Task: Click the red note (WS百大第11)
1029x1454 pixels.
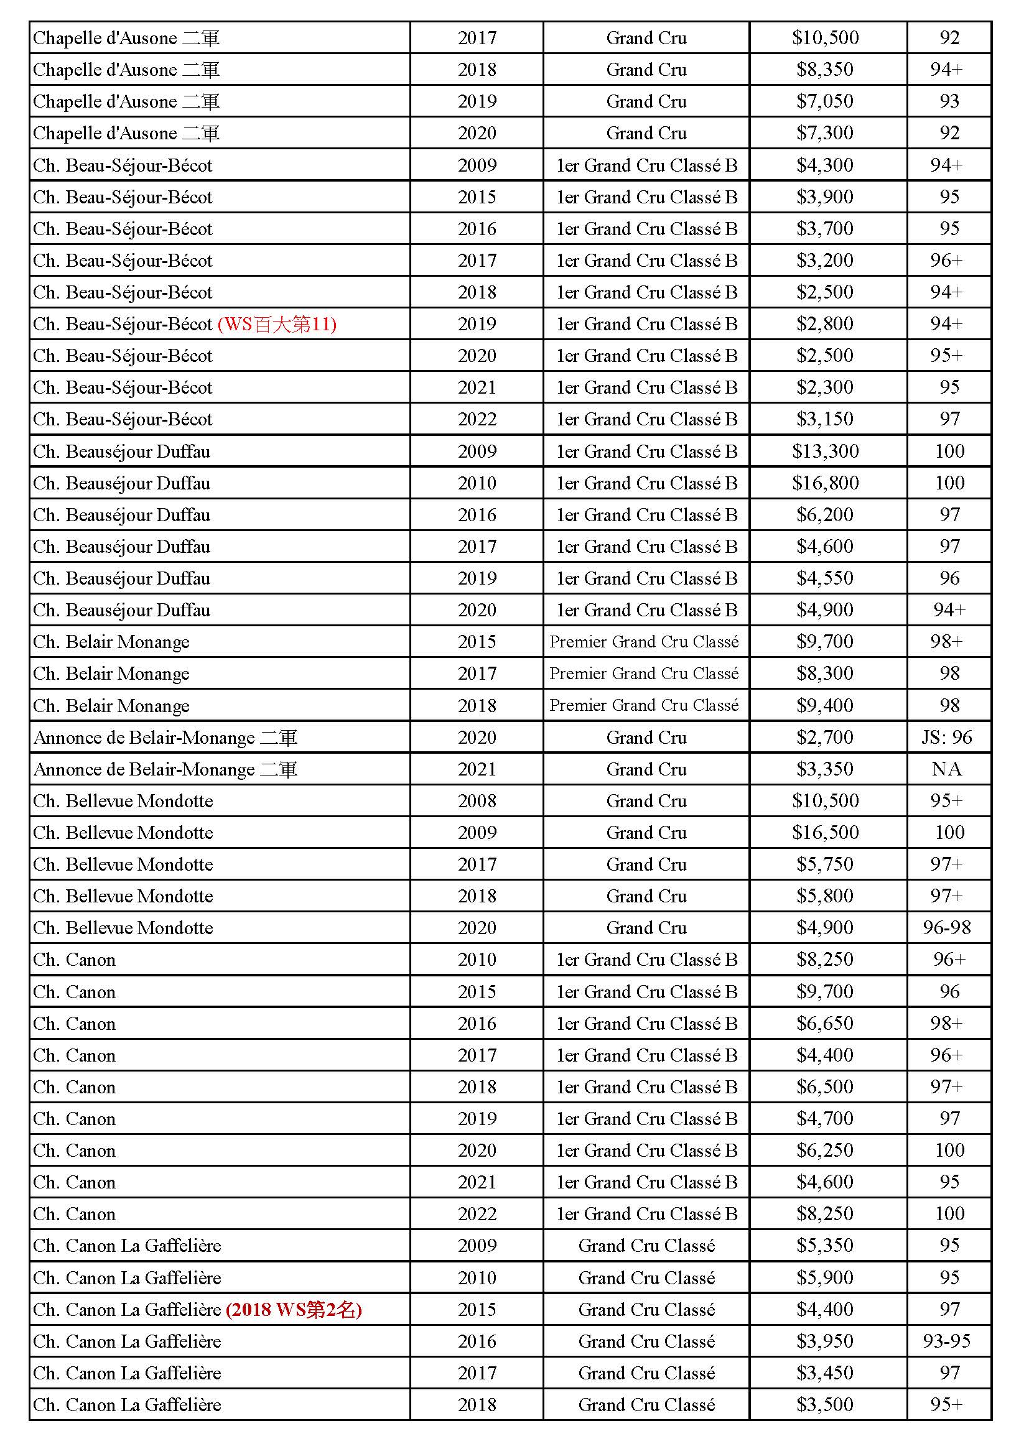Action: (x=277, y=324)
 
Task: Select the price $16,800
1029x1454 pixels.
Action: (x=825, y=483)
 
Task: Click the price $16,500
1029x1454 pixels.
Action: (x=825, y=832)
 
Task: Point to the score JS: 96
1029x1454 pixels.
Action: (x=947, y=737)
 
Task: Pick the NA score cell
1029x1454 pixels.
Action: (x=947, y=769)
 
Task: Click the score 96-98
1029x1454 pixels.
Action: (x=947, y=928)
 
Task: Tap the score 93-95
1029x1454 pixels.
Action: (x=947, y=1341)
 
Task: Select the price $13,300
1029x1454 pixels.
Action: (x=825, y=451)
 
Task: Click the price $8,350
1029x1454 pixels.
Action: (x=825, y=70)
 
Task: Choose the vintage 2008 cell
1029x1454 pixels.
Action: (x=477, y=800)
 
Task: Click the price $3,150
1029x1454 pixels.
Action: (x=825, y=419)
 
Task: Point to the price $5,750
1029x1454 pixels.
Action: (x=825, y=864)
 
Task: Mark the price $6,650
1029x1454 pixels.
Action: (x=825, y=1024)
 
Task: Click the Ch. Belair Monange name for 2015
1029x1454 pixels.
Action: (x=111, y=642)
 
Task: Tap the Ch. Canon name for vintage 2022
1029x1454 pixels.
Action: (x=75, y=1213)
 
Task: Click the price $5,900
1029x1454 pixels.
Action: (x=825, y=1277)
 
